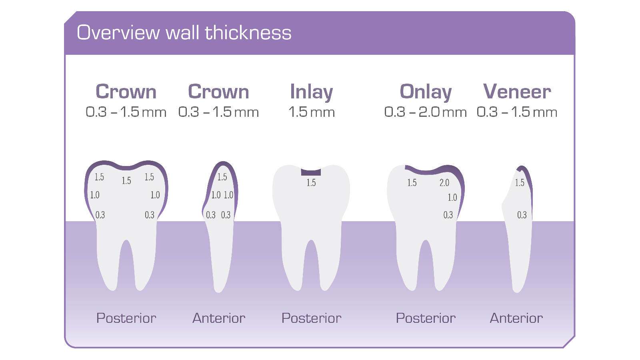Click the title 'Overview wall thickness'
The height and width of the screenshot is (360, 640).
coord(184,33)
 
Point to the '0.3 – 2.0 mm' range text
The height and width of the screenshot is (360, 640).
coord(425,112)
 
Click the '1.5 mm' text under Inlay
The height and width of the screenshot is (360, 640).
coord(311,112)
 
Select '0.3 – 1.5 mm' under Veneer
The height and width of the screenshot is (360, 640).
coord(517,112)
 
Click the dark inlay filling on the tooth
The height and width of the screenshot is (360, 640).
coord(311,172)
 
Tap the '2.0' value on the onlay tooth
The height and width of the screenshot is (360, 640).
coord(444,183)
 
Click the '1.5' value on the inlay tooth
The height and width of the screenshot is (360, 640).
coord(311,183)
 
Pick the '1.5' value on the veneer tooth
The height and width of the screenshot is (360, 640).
coord(519,183)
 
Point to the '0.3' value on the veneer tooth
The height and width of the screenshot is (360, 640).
coord(522,215)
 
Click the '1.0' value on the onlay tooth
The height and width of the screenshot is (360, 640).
coord(452,198)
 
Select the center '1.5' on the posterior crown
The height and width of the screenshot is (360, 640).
coord(126,181)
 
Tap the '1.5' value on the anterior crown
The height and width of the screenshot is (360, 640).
coord(222,177)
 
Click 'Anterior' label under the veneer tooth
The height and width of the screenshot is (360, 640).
coord(516,318)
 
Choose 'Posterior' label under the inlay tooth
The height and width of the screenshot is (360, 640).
coord(311,318)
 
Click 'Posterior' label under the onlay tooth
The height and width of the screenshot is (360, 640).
coord(426,318)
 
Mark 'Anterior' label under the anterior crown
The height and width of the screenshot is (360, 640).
coord(219,318)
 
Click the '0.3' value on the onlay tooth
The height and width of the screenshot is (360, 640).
coord(448,215)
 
